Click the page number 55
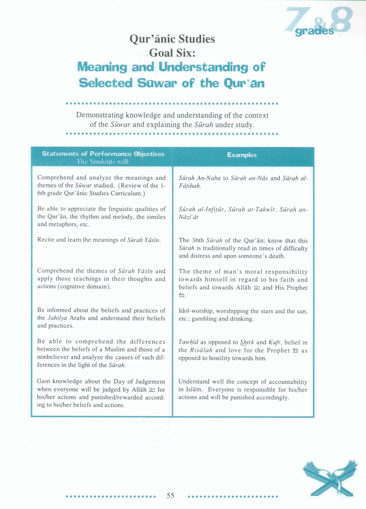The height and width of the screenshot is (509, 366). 170,496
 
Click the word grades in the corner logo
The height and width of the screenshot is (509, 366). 314,31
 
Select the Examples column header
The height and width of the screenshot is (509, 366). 242,155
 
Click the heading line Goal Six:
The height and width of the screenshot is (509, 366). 172,53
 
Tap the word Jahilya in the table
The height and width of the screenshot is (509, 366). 57,318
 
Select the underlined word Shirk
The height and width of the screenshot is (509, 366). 246,342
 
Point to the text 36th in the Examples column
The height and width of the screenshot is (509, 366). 197,241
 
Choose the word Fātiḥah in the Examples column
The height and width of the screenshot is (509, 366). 190,186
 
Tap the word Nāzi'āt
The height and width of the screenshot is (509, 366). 188,217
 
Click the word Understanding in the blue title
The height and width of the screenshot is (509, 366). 203,67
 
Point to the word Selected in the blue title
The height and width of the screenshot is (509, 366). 106,83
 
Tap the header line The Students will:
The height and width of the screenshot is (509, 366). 103,162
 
